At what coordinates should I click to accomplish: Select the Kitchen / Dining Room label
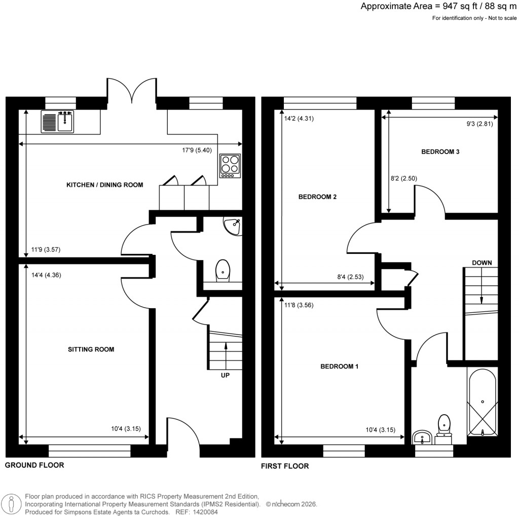pos(105,185)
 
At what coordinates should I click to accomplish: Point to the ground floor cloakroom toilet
pos(223,270)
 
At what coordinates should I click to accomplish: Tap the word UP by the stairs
pos(226,376)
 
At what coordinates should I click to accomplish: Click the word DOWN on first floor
pos(481,263)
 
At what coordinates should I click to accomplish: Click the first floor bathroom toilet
pos(444,425)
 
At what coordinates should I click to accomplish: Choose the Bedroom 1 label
pos(340,366)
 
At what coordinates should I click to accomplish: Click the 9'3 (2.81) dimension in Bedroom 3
pos(478,123)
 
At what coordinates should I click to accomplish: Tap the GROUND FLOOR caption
pos(34,465)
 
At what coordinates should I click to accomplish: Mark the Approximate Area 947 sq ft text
pos(439,7)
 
